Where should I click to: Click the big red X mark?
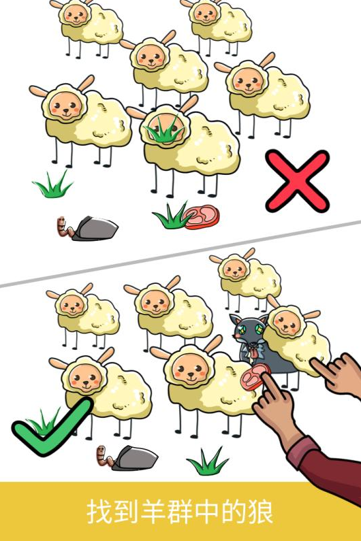pos(298,180)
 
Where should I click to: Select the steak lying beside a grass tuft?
pos(202,216)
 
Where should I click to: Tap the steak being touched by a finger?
pos(255,377)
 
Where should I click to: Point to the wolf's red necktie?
pos(254,353)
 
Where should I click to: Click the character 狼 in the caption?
pos(260,512)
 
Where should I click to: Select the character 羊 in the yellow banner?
pos(153,512)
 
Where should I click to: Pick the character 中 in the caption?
pos(207,512)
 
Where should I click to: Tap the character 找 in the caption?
pos(99,512)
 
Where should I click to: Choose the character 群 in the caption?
pos(180,512)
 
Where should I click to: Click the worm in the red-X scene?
pos(64,227)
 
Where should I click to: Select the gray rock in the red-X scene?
pos(94,229)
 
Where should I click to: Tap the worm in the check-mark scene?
pos(104,457)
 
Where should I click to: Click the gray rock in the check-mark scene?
pos(134,458)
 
